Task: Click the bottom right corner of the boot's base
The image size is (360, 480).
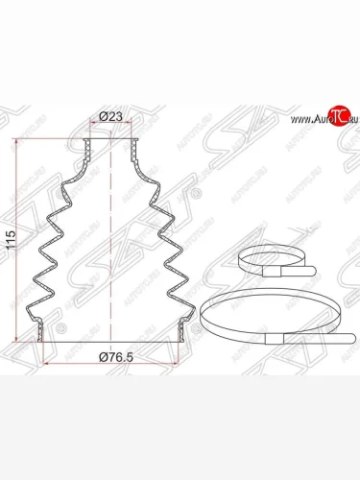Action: (x=183, y=339)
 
